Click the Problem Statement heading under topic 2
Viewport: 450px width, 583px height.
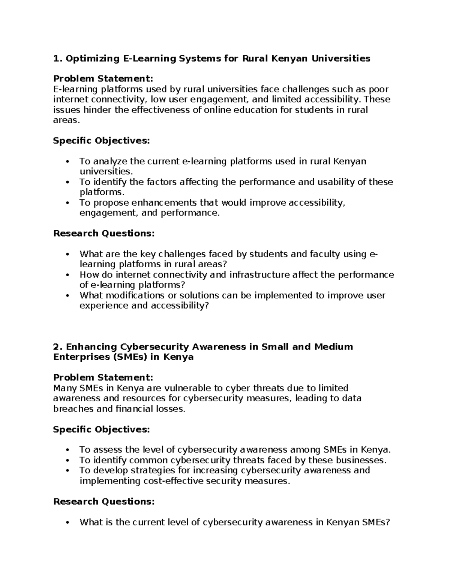click(103, 377)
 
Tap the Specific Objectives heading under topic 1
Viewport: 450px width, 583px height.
click(101, 141)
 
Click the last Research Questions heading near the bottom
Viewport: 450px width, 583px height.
click(104, 502)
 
